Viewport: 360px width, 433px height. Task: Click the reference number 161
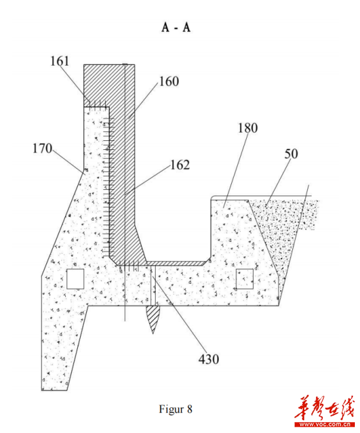click(59, 61)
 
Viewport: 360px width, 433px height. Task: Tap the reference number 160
click(169, 81)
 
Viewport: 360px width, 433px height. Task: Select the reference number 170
click(43, 148)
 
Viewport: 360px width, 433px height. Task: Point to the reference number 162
click(180, 165)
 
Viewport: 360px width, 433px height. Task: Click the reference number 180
click(248, 128)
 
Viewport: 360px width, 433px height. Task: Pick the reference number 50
click(291, 154)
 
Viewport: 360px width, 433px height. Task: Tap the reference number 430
click(209, 359)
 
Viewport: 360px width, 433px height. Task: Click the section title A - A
click(176, 27)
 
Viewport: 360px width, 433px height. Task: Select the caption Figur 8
click(176, 409)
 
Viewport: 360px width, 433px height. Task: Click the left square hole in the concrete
click(75, 279)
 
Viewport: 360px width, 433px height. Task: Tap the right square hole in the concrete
click(245, 279)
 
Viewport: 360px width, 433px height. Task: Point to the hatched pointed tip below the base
click(153, 319)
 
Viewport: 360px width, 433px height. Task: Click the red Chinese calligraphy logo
click(324, 408)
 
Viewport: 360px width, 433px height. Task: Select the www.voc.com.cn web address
click(324, 425)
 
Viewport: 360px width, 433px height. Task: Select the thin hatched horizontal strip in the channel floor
click(177, 263)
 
